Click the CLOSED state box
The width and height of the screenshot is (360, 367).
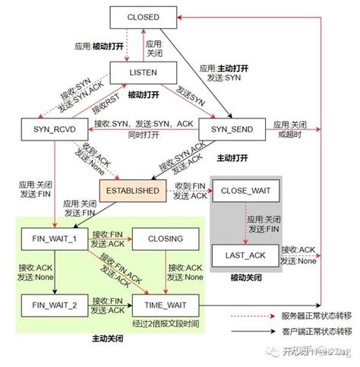tap(144, 17)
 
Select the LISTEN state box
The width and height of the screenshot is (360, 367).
tap(144, 72)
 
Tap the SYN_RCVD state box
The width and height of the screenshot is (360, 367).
tap(51, 128)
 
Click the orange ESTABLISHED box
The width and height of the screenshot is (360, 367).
tap(131, 189)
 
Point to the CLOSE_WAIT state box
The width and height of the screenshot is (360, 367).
tap(242, 190)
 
